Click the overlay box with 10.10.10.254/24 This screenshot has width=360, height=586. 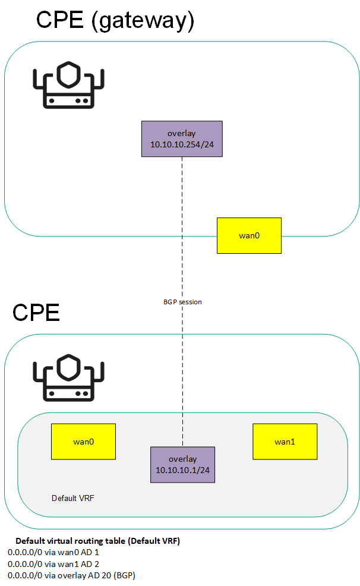point(182,139)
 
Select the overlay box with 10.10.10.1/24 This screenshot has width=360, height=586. point(182,465)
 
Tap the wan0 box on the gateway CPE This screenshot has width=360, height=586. point(249,235)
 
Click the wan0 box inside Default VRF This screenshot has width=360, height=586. point(83,442)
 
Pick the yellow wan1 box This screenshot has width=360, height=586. point(285,442)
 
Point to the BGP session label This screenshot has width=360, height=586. point(182,302)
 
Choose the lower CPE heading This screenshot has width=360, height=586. point(36,313)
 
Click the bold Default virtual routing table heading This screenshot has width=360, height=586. point(97,541)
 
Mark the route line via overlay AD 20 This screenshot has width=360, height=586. point(72,575)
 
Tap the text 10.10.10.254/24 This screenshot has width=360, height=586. point(182,144)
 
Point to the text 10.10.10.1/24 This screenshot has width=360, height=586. point(182,470)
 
